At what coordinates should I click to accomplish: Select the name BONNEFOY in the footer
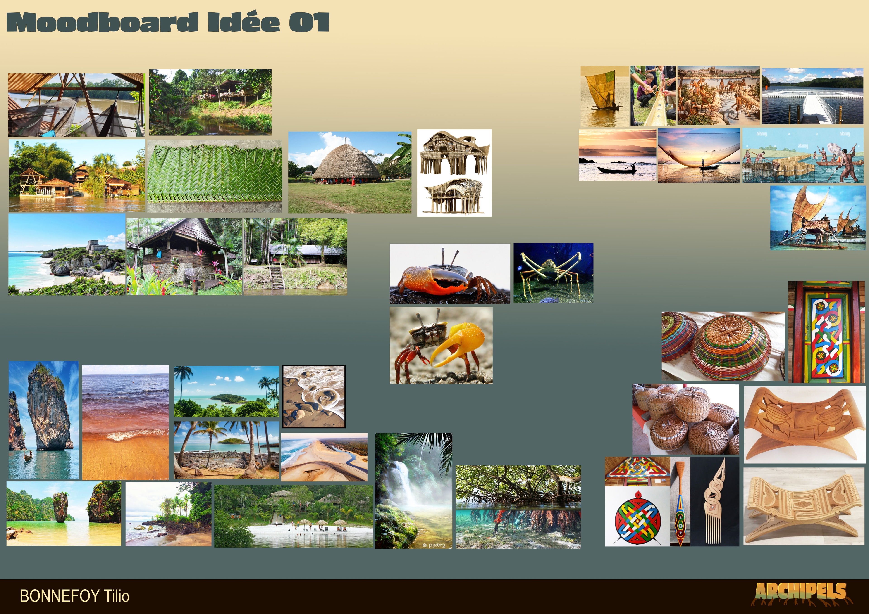pyautogui.click(x=60, y=596)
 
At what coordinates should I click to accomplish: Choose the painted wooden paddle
pyautogui.click(x=680, y=503)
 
